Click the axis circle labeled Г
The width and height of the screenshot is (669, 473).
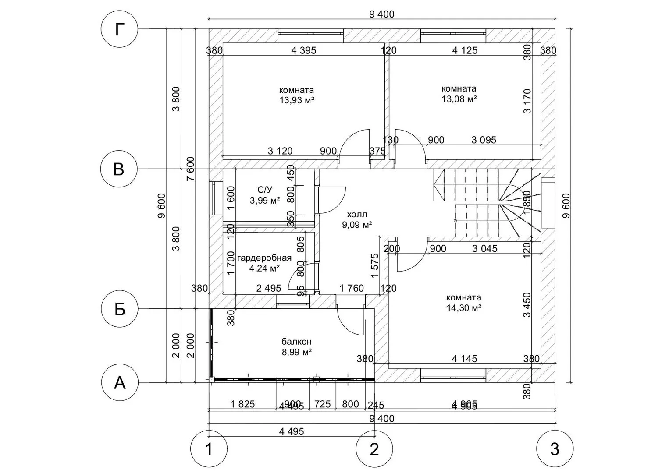point(119,29)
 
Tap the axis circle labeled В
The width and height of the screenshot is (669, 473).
point(119,169)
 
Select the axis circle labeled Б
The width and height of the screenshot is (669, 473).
point(120,309)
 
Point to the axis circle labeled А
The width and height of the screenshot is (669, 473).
point(120,383)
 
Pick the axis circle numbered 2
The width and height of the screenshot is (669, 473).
point(374,449)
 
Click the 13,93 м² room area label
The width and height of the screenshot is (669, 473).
point(297,100)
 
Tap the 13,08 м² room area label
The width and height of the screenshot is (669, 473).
point(459,99)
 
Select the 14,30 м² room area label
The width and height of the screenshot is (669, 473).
point(464,308)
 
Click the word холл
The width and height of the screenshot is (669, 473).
point(357,215)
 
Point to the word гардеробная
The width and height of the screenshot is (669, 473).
point(264,258)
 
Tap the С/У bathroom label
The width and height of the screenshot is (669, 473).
point(265,190)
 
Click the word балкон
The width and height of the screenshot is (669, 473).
point(296,342)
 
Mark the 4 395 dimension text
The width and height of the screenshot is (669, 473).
point(303,50)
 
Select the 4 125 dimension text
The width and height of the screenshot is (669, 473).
point(465,50)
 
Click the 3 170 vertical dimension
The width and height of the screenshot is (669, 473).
point(527,101)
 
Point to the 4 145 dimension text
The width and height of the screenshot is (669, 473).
point(464,359)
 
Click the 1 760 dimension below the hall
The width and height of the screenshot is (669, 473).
point(352,288)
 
